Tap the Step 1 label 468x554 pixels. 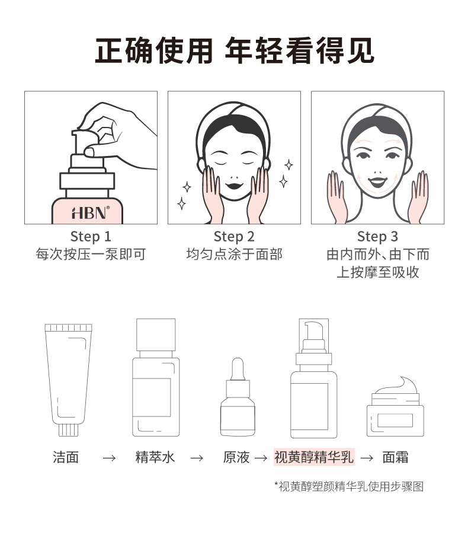click(x=91, y=237)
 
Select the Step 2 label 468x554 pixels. click(x=234, y=237)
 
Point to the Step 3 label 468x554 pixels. click(x=377, y=237)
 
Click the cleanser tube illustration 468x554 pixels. click(x=69, y=380)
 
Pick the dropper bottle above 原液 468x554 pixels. click(x=238, y=397)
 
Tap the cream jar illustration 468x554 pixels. click(x=395, y=406)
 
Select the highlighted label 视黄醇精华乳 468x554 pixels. click(x=314, y=457)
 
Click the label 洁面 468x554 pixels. click(x=66, y=457)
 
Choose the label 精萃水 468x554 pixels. click(x=155, y=457)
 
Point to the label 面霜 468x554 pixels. click(x=395, y=457)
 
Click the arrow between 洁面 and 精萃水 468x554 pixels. click(x=109, y=459)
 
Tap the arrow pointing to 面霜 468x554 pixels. click(x=367, y=459)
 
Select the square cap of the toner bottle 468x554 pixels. click(x=156, y=335)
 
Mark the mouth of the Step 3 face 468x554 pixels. click(x=377, y=182)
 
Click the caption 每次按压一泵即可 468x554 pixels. click(x=91, y=254)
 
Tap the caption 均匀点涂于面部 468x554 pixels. click(x=234, y=254)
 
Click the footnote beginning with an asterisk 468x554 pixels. click(x=349, y=486)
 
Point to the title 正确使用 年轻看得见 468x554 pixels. click(x=235, y=50)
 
